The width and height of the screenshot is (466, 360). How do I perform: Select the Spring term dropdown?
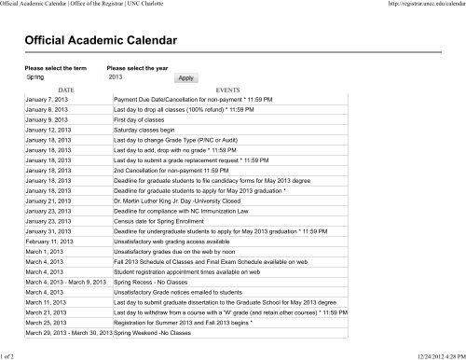[56, 77]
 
